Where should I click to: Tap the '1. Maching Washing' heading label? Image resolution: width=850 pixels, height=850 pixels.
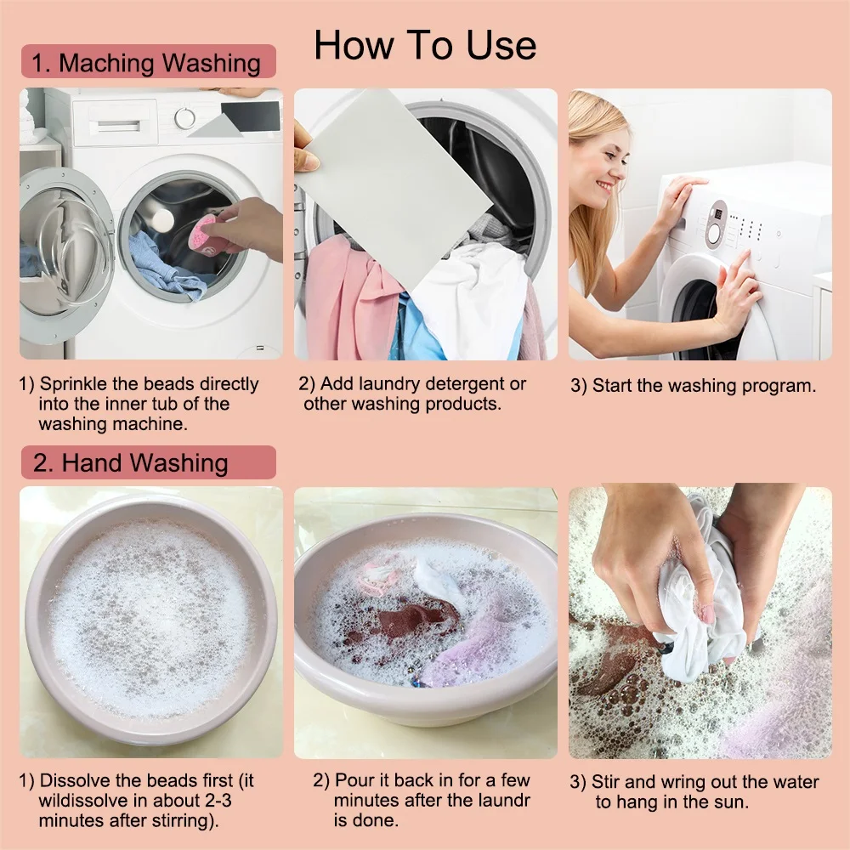tap(147, 63)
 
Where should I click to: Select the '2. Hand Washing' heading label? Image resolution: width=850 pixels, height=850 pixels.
tap(131, 463)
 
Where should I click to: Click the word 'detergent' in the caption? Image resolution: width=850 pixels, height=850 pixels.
tap(470, 384)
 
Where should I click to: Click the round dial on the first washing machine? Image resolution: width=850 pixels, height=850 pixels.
tap(185, 117)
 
